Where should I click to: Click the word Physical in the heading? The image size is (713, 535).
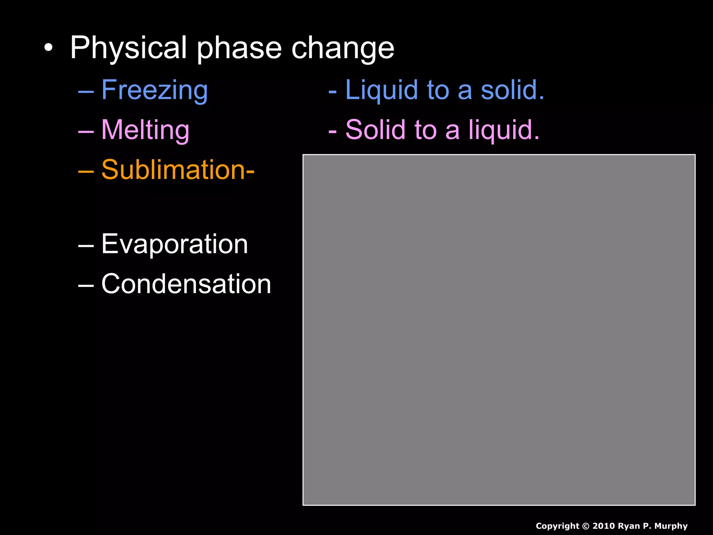coord(129,48)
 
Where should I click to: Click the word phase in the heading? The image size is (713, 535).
coord(239,48)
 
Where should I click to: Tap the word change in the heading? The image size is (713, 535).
coord(343,48)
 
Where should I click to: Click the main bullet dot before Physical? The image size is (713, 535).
coord(49,48)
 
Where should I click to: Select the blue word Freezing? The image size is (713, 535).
coord(155,90)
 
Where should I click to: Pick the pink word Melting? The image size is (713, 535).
coord(145,130)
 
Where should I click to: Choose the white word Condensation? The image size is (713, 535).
coord(186,284)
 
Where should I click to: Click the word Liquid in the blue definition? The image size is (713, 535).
coord(381,90)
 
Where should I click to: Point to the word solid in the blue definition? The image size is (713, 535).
coord(512,90)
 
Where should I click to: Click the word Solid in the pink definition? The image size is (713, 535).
coord(375,130)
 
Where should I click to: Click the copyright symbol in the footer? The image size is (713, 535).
coord(586,526)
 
